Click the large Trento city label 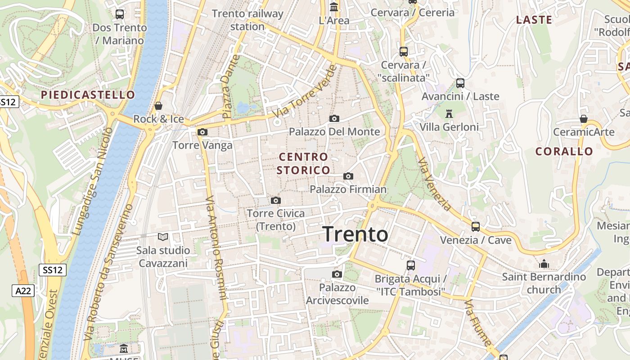pos(355,234)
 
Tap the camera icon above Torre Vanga pos(202,132)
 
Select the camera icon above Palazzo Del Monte pos(334,118)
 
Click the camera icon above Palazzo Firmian pos(348,176)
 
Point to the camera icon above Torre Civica pos(276,200)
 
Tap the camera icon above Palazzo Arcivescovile pos(337,274)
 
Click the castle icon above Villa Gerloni pos(449,113)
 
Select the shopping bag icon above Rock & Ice pos(158,106)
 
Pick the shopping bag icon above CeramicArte pos(584,119)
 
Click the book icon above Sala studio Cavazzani pos(162,237)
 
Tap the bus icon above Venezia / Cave pos(476,226)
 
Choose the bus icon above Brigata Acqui pos(411,265)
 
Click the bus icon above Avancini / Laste pos(460,83)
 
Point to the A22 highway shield pos(23,291)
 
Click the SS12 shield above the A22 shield pos(53,270)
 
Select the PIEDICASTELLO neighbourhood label pos(88,95)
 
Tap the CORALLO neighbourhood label pos(564,152)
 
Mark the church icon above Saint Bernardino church pos(544,263)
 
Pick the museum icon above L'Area pos(334,7)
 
